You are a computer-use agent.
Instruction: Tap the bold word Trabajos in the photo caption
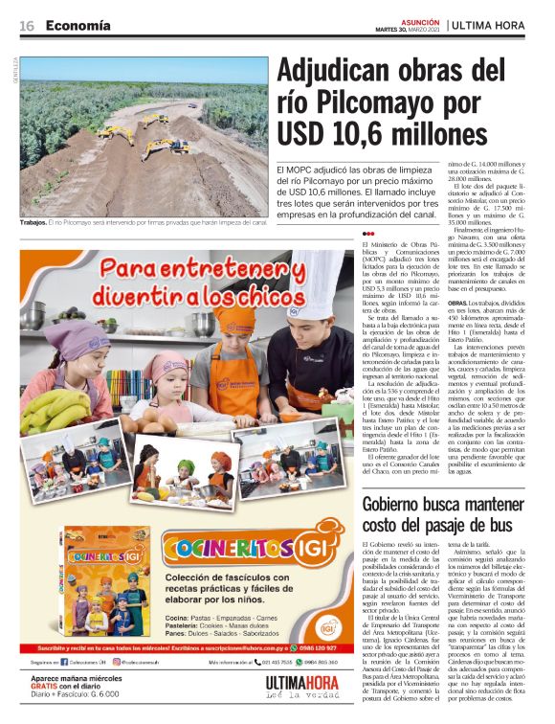tap(35, 223)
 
